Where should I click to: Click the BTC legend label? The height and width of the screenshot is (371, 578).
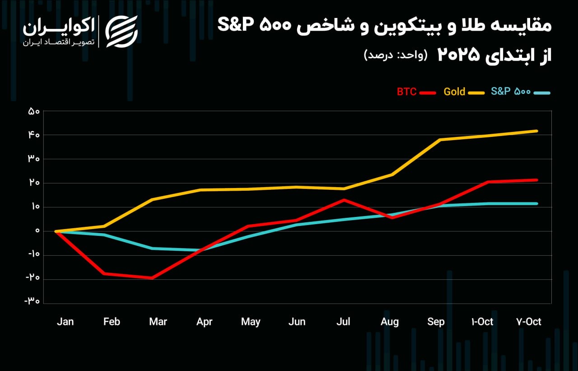pyautogui.click(x=406, y=92)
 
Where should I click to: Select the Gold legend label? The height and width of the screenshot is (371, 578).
pyautogui.click(x=454, y=92)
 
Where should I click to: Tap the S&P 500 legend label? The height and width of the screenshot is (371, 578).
pyautogui.click(x=510, y=92)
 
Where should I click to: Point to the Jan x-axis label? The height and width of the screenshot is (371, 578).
pyautogui.click(x=65, y=322)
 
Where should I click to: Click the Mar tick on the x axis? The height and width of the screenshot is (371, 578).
pyautogui.click(x=158, y=322)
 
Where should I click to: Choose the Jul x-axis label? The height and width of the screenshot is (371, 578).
pyautogui.click(x=344, y=322)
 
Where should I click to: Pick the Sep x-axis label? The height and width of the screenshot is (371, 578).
pyautogui.click(x=436, y=322)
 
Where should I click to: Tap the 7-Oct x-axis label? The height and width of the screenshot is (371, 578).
pyautogui.click(x=528, y=322)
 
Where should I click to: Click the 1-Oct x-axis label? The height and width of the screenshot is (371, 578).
pyautogui.click(x=482, y=322)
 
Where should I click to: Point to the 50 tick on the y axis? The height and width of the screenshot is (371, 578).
pyautogui.click(x=34, y=111)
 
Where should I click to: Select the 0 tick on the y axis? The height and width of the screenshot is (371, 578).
pyautogui.click(x=37, y=231)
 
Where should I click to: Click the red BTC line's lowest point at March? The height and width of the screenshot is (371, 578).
pyautogui.click(x=152, y=278)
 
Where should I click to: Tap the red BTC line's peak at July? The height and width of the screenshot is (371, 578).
pyautogui.click(x=344, y=199)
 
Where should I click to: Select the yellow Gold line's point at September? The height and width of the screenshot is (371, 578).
pyautogui.click(x=439, y=140)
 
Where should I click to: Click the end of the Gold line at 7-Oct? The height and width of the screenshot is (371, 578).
pyautogui.click(x=536, y=131)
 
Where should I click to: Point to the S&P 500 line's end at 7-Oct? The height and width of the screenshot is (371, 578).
pyautogui.click(x=536, y=204)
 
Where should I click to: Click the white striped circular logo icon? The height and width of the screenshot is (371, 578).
pyautogui.click(x=121, y=31)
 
